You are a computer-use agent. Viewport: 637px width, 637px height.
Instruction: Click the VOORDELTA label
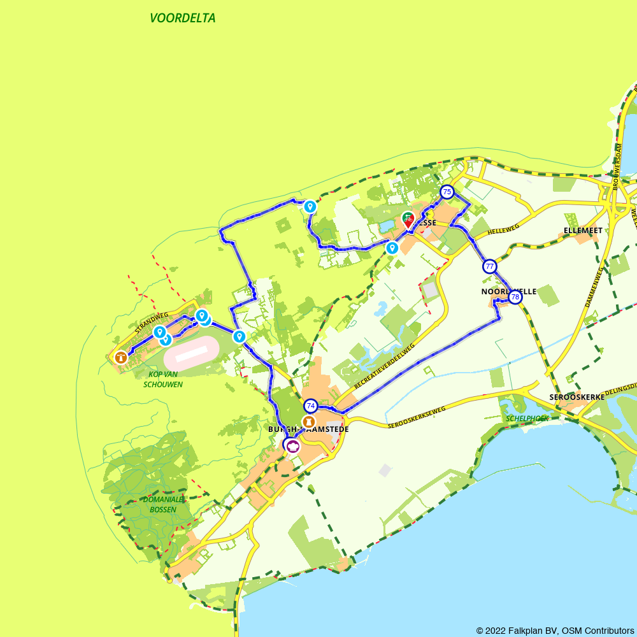pyautogui.click(x=183, y=18)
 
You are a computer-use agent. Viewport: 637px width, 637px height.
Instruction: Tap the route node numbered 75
pyautogui.click(x=447, y=192)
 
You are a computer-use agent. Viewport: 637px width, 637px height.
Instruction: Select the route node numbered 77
pyautogui.click(x=489, y=266)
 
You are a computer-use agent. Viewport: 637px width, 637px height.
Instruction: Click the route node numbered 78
pyautogui.click(x=515, y=297)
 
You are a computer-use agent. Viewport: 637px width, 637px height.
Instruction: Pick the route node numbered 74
pyautogui.click(x=310, y=405)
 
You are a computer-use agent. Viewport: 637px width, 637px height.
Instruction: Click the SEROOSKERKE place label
pyautogui.click(x=576, y=397)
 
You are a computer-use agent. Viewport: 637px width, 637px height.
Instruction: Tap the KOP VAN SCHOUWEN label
pyautogui.click(x=163, y=379)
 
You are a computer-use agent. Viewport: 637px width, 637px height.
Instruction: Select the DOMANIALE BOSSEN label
pyautogui.click(x=162, y=504)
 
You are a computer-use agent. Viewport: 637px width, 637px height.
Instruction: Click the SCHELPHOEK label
pyautogui.click(x=527, y=419)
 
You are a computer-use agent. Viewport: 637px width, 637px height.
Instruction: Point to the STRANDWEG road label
pyautogui.click(x=151, y=323)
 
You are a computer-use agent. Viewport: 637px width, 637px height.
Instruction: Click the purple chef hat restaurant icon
pyautogui.click(x=292, y=445)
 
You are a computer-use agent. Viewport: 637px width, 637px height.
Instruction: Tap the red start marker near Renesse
pyautogui.click(x=408, y=220)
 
